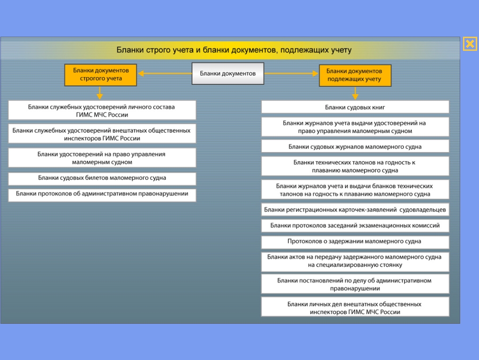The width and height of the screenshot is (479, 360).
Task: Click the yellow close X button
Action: [470, 44]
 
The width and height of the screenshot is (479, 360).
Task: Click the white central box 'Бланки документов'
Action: [228, 73]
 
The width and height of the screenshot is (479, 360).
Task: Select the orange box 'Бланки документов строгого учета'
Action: [100, 75]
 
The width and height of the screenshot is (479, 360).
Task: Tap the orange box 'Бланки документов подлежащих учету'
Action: [355, 75]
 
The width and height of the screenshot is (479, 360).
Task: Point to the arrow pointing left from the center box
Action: [165, 73]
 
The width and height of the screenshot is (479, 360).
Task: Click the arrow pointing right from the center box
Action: [291, 73]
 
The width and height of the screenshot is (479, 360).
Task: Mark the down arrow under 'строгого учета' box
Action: [99, 93]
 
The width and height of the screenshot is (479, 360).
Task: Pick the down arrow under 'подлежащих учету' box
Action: [355, 93]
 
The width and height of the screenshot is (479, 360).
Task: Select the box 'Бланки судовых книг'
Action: [355, 107]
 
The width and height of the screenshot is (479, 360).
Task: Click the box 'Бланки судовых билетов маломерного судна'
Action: [102, 179]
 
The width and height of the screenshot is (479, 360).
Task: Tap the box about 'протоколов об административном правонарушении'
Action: [102, 195]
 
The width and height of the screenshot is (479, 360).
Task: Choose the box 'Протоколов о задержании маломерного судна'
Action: [355, 242]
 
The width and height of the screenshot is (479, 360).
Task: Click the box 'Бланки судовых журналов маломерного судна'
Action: [355, 146]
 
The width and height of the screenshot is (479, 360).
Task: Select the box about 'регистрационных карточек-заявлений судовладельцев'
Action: [355, 210]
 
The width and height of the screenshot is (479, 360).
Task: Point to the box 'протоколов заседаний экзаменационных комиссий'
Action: [355, 226]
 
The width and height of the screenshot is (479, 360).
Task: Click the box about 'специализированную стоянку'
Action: [355, 262]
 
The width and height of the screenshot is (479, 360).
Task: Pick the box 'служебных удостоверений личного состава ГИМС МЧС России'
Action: [102, 110]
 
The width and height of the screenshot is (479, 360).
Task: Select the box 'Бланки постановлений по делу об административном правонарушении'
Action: [355, 284]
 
